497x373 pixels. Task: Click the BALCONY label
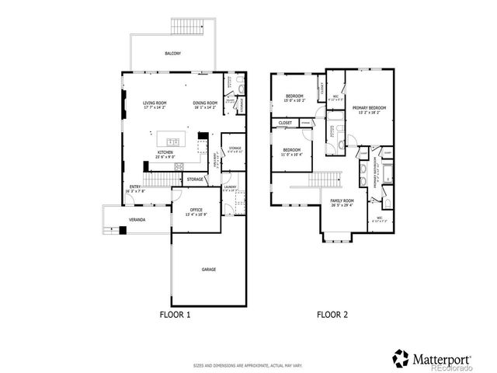174,54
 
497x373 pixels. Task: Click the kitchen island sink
173,141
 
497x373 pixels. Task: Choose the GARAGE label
209,270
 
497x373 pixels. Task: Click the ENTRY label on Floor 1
135,187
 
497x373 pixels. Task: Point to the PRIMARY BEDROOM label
369,109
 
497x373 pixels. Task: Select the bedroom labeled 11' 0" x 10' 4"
291,151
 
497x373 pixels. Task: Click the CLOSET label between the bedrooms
286,123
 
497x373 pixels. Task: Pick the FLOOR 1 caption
175,315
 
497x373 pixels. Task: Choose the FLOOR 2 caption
332,315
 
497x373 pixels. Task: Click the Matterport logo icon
401,359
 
